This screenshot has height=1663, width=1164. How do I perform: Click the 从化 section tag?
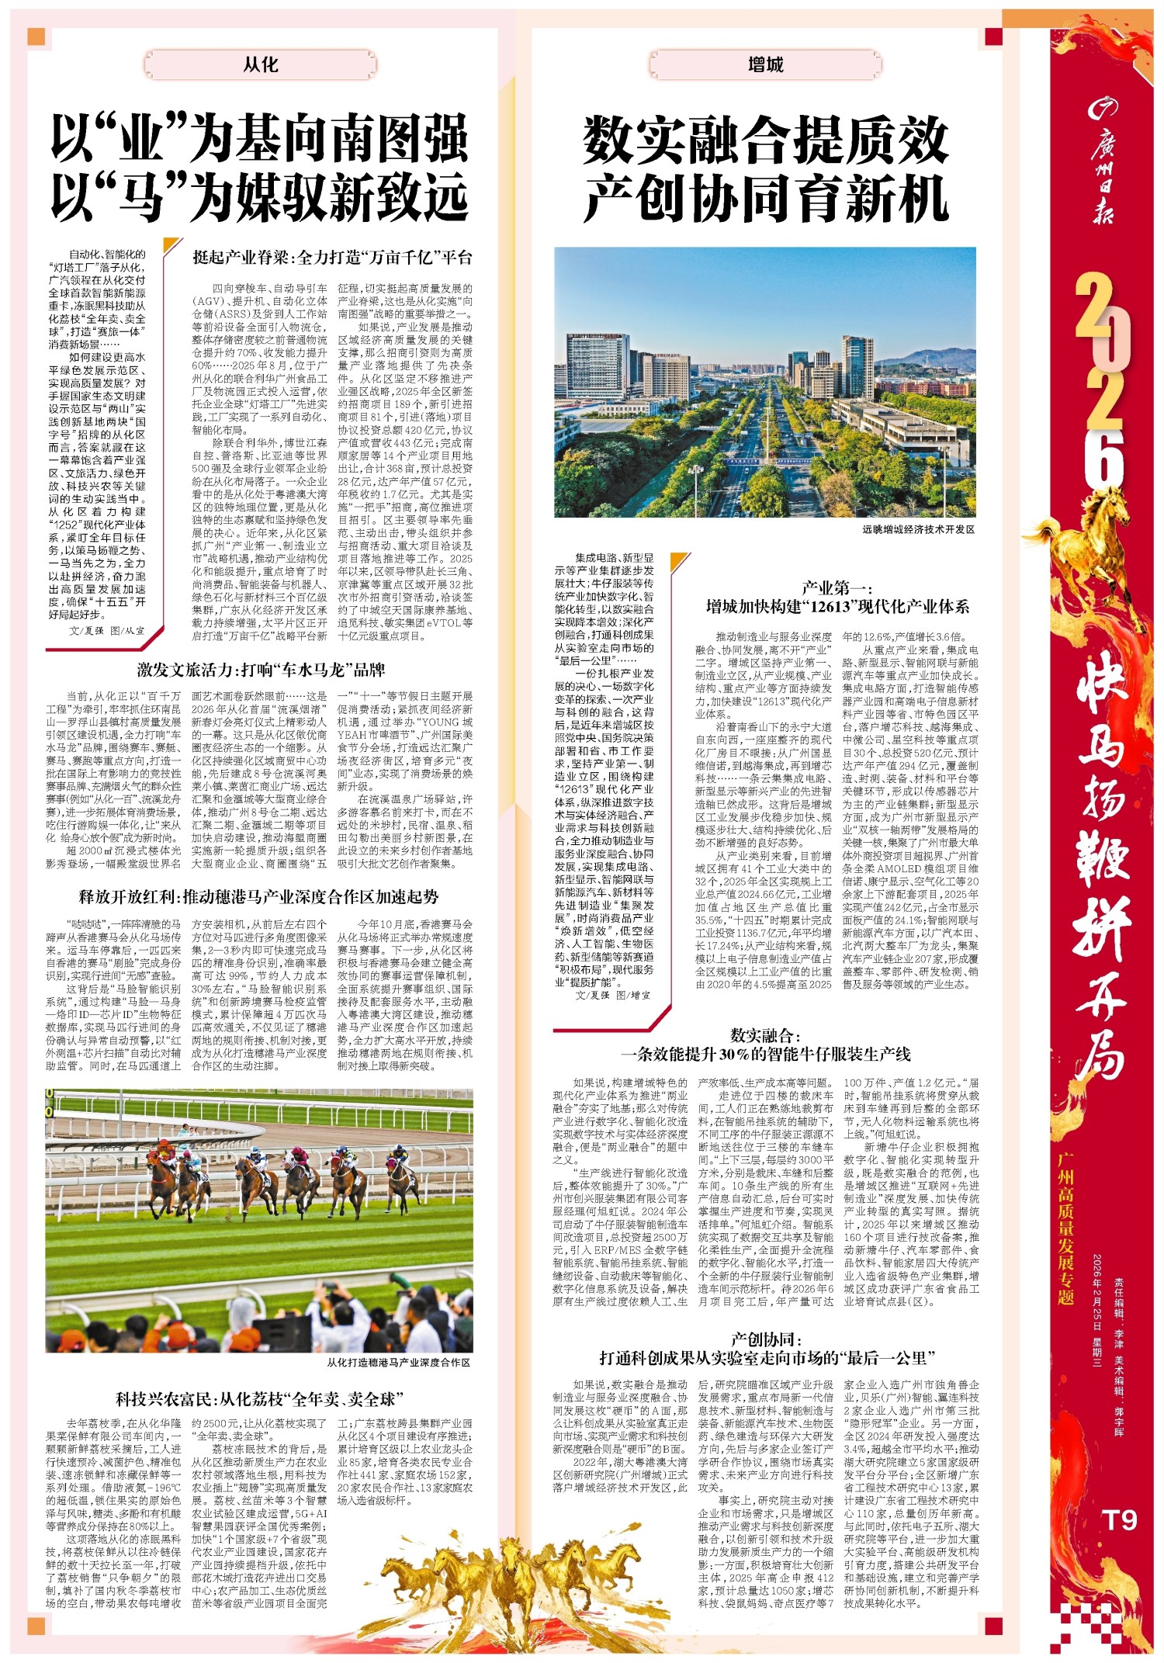[261, 65]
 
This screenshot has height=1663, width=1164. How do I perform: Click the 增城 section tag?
[765, 65]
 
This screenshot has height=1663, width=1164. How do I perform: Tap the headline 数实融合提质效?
[765, 140]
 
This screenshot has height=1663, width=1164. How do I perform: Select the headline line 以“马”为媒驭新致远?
[260, 199]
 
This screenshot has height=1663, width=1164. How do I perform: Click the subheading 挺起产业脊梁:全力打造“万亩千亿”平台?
[332, 258]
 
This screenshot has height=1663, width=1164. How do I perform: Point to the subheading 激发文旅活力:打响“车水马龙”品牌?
[261, 670]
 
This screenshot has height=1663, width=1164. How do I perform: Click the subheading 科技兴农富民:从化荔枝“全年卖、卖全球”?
[260, 1399]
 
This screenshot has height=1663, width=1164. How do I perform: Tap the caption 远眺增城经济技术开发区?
[918, 529]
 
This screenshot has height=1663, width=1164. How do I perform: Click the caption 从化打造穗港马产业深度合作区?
[398, 1362]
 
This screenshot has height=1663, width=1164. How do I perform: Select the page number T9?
[1118, 1520]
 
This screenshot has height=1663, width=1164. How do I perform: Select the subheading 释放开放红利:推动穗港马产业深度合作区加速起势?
[259, 897]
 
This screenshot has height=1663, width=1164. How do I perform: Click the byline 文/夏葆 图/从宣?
[107, 631]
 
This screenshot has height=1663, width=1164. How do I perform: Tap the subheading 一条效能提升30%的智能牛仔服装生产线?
[765, 1054]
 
